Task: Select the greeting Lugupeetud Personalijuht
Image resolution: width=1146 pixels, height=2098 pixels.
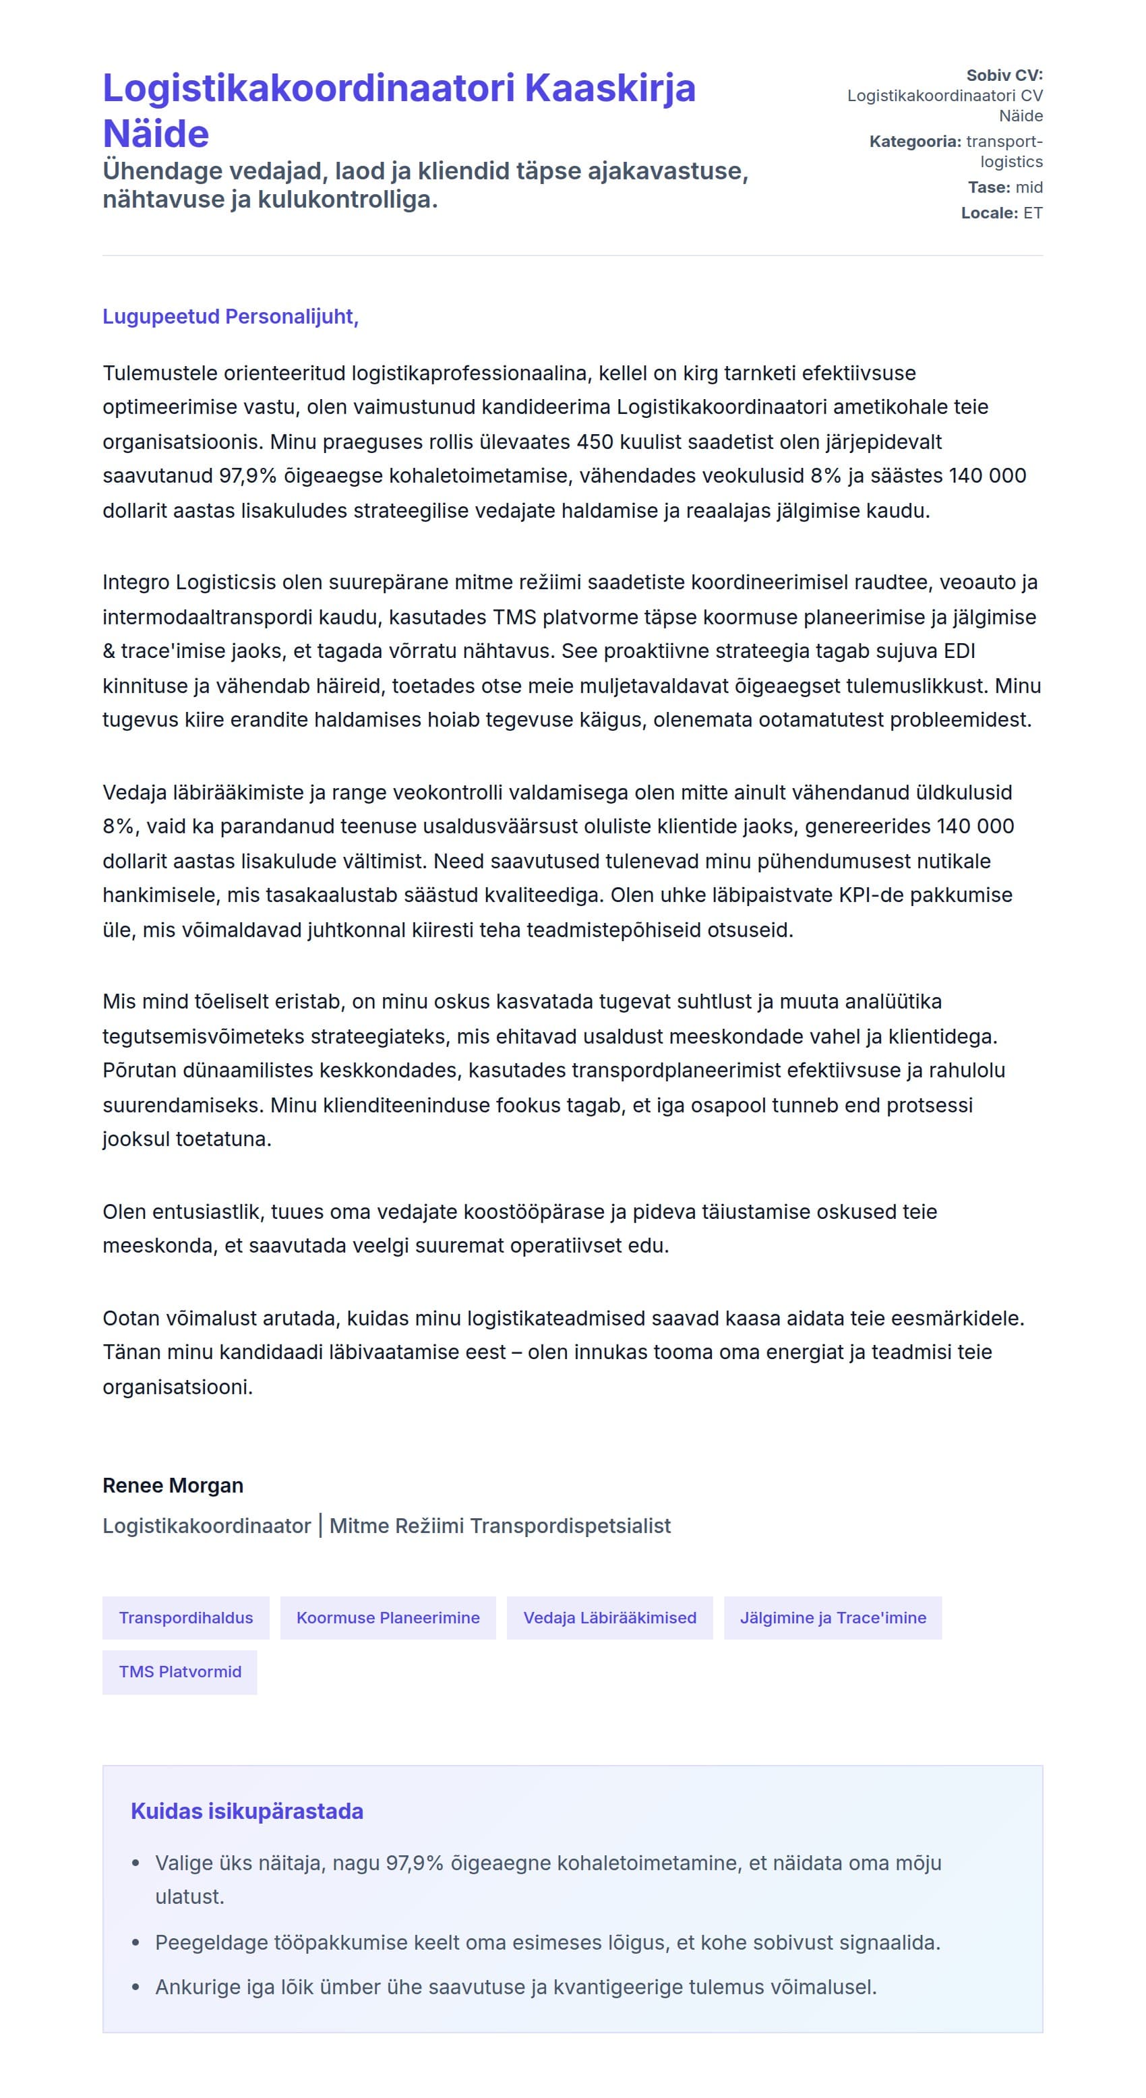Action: click(x=230, y=316)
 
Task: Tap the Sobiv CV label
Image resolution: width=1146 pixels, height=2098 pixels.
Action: click(x=1004, y=75)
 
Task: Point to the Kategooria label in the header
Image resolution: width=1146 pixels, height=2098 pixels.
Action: click(x=915, y=141)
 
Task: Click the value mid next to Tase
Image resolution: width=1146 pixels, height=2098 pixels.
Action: click(x=1029, y=187)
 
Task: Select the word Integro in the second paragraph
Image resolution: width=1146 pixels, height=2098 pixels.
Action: click(x=136, y=582)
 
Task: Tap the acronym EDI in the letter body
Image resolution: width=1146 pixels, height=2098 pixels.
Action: click(x=959, y=651)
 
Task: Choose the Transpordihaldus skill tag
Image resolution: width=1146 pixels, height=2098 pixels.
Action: click(x=185, y=1617)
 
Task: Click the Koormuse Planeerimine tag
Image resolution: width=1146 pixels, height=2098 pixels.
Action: click(x=388, y=1617)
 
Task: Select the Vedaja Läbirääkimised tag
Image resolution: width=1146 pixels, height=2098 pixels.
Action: click(x=609, y=1617)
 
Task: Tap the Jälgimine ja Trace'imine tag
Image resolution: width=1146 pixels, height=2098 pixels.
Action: click(x=833, y=1617)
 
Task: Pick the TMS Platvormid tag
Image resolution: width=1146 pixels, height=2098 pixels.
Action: click(x=180, y=1671)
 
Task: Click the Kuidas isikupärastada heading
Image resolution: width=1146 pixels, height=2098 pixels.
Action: click(x=247, y=1811)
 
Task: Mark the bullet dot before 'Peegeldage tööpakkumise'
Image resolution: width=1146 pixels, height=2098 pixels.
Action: click(x=136, y=1942)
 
